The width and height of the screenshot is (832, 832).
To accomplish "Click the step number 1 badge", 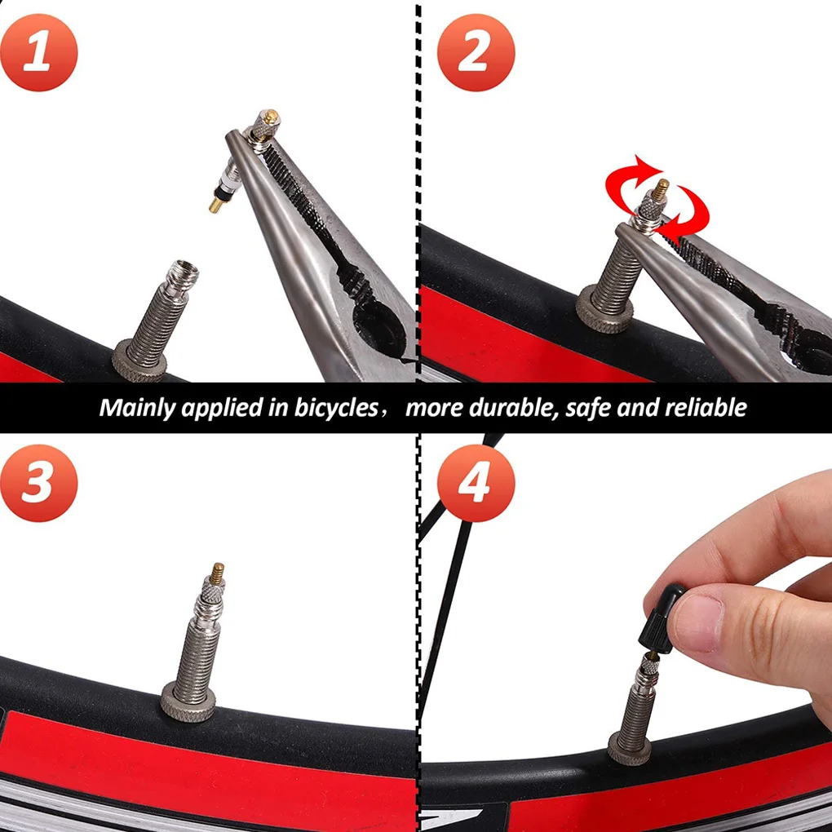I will click(38, 51).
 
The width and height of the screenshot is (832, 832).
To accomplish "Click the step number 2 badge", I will click(476, 51).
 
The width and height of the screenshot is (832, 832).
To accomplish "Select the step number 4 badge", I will click(476, 484).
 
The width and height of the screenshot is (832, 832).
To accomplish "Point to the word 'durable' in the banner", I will click(513, 407).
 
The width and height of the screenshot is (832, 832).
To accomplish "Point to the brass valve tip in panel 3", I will click(218, 571).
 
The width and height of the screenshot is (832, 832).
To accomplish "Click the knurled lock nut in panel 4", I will click(629, 748).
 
